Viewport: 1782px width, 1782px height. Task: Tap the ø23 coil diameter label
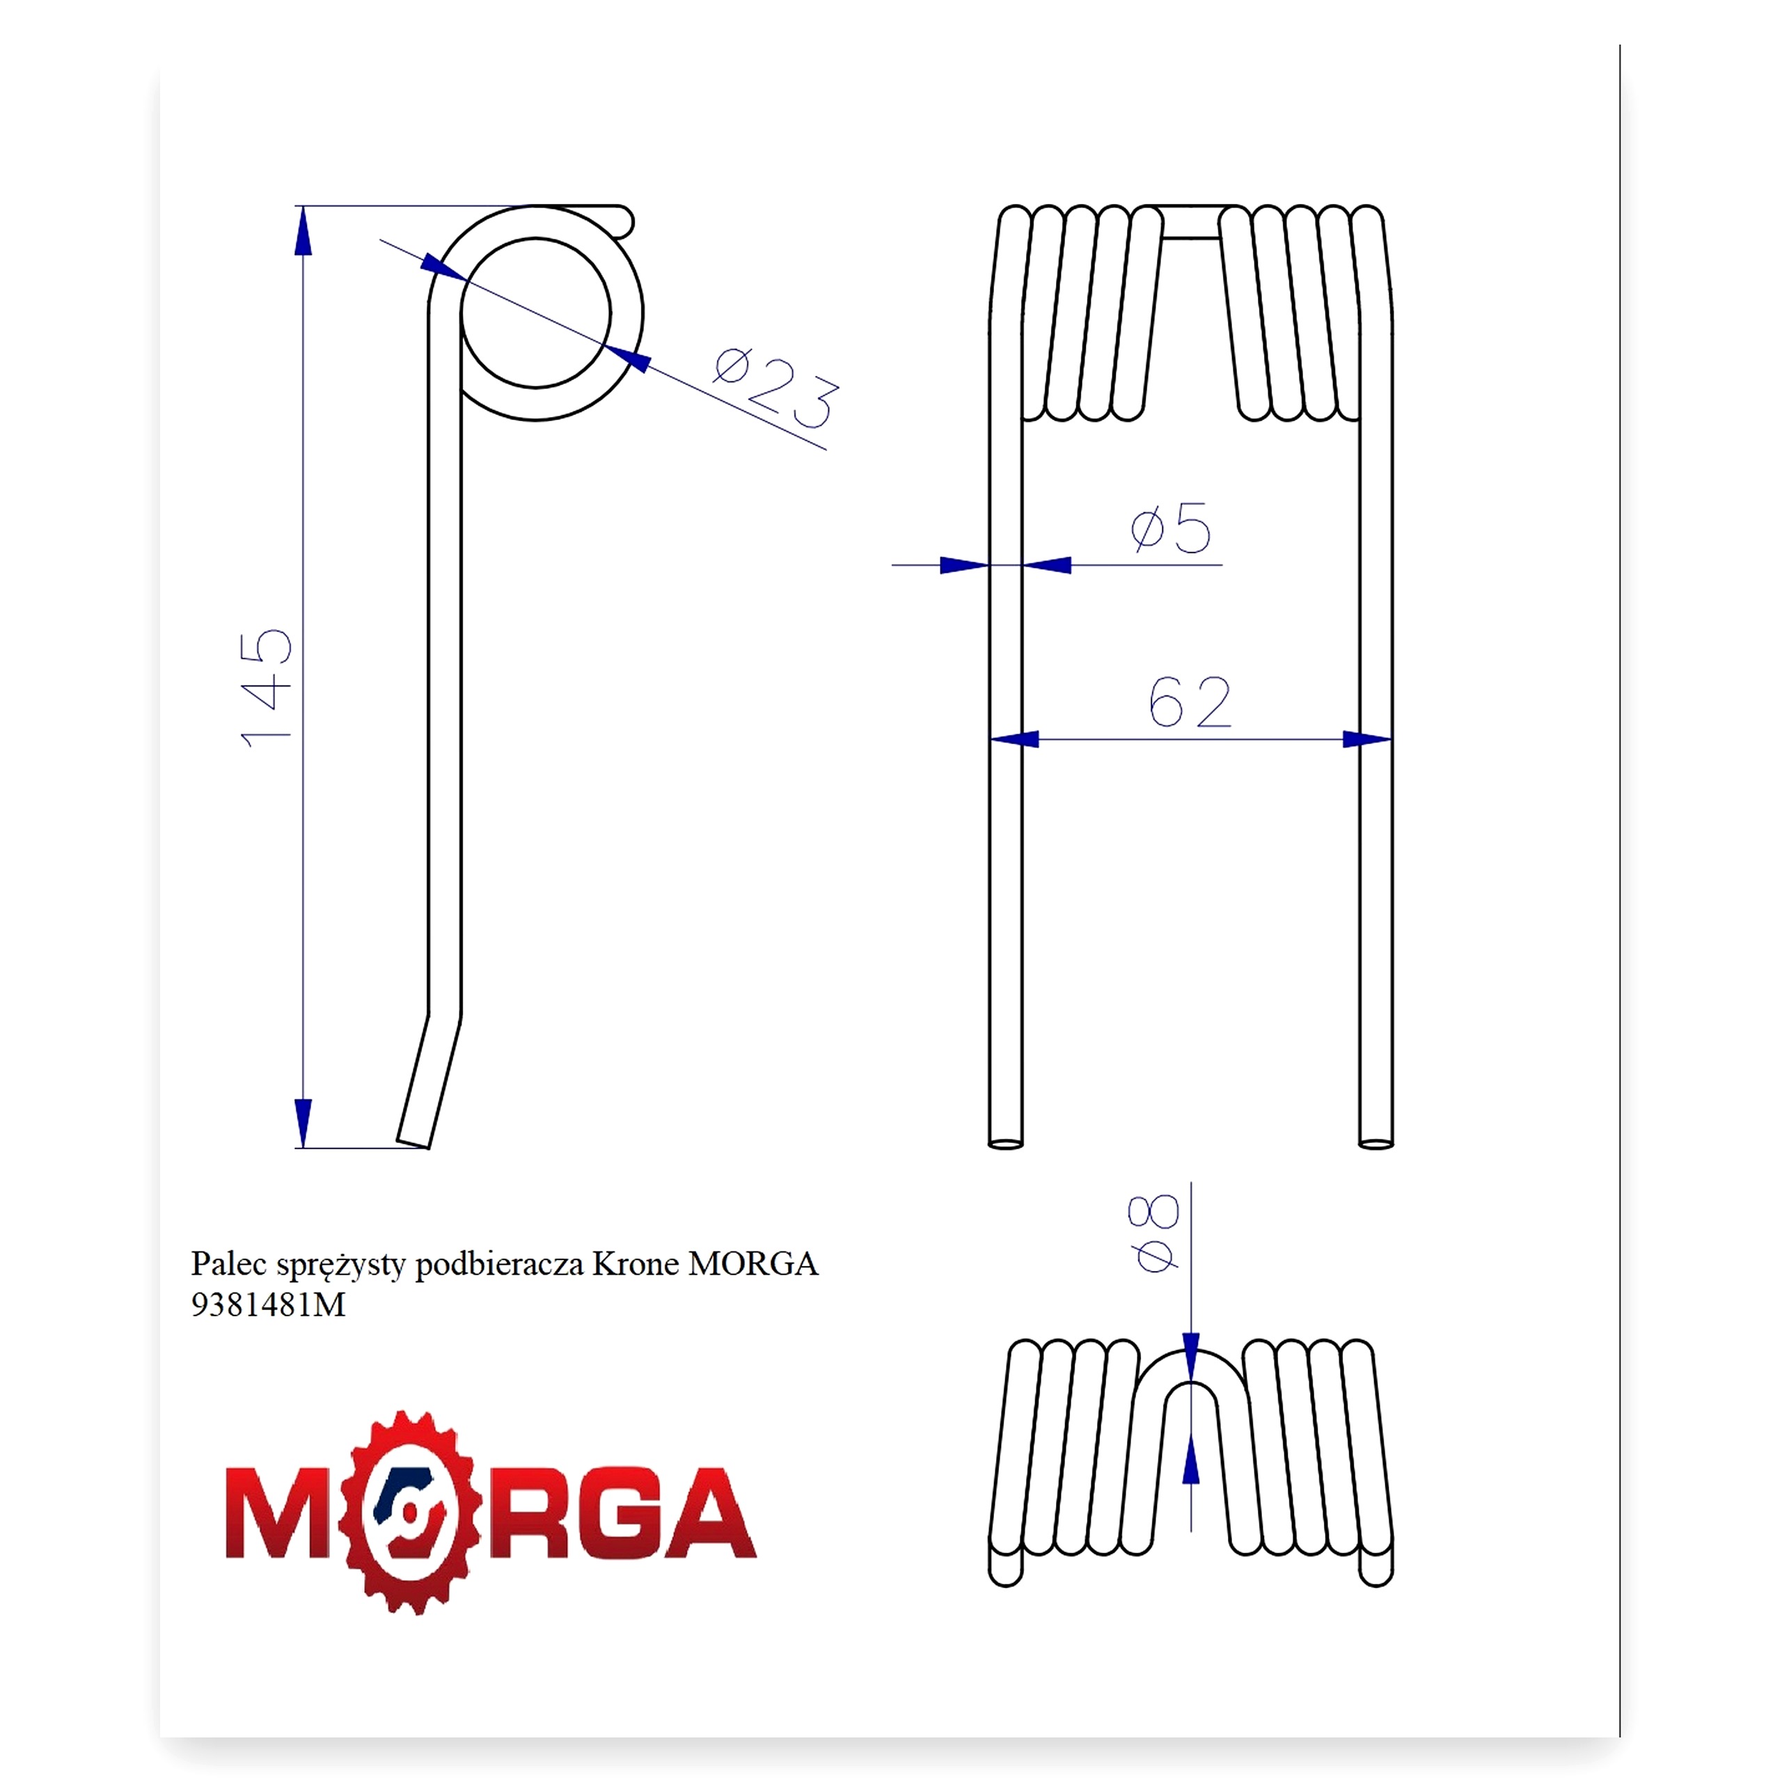point(777,388)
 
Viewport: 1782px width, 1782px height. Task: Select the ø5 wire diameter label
point(1170,528)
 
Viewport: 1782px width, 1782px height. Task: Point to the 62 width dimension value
point(1190,702)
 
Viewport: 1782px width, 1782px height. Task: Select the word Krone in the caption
point(636,1263)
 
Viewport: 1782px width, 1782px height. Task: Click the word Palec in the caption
point(229,1263)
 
